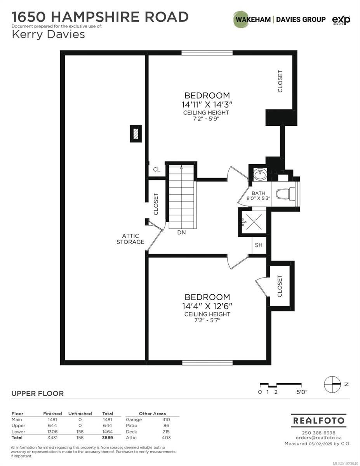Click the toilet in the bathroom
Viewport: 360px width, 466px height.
(285, 193)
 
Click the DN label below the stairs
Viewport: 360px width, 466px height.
(181, 232)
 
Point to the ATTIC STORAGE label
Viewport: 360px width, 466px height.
(130, 239)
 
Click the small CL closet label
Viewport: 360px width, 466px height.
(157, 169)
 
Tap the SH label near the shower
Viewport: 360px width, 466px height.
(259, 245)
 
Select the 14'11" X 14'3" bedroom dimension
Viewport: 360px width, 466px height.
(207, 104)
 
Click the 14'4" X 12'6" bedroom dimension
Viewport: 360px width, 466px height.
(207, 306)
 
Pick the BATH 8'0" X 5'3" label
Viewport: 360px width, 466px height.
(258, 196)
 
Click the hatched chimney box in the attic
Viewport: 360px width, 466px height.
(136, 134)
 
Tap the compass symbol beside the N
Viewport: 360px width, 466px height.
(332, 384)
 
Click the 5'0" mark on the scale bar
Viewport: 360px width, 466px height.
(302, 392)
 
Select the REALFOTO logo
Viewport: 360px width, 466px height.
(318, 420)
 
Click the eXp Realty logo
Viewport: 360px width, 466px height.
(341, 20)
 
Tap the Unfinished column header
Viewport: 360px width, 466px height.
(80, 414)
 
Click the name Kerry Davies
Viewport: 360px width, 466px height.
(48, 35)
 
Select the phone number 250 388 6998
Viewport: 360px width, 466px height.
(318, 433)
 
